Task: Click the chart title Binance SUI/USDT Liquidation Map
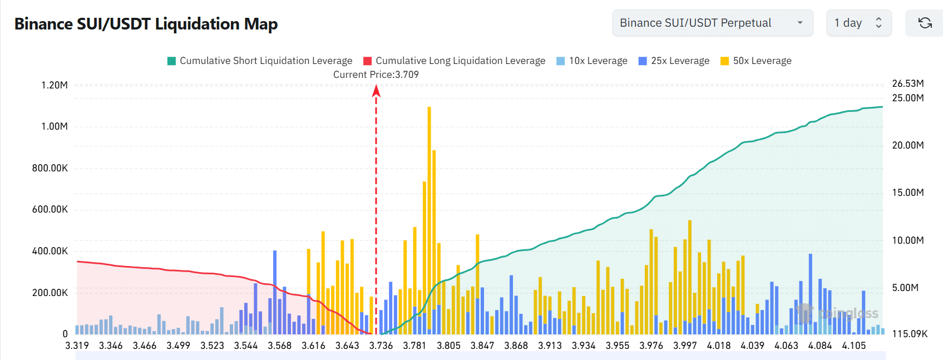(146, 24)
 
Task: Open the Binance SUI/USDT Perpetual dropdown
(712, 23)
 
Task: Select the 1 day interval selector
(858, 23)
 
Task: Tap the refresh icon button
(925, 23)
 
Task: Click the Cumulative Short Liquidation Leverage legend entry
(260, 61)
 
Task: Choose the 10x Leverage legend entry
(592, 61)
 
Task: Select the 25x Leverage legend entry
(674, 61)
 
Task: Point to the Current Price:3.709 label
(376, 75)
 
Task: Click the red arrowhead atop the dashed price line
(376, 90)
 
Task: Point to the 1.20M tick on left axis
(55, 85)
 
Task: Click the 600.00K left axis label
(50, 209)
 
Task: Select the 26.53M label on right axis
(908, 83)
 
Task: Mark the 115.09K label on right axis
(910, 334)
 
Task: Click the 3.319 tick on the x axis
(77, 346)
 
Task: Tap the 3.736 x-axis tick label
(381, 346)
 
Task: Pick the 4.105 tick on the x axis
(853, 346)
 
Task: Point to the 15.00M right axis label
(908, 193)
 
